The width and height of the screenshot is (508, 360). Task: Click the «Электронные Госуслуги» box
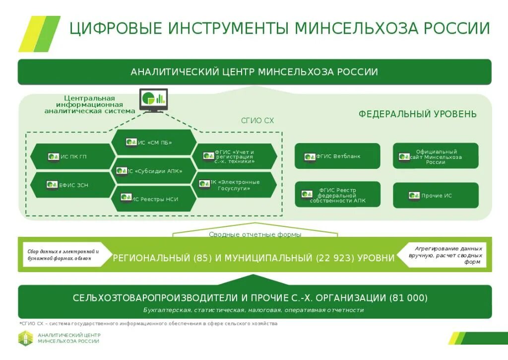pos(231,185)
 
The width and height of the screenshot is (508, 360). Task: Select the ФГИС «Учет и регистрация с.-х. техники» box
pos(231,157)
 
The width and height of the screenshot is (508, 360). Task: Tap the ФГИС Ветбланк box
pos(337,156)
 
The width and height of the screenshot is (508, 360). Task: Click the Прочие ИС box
pos(436,196)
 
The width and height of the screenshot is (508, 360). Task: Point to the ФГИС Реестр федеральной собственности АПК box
pos(337,195)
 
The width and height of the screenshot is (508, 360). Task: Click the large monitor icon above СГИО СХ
pos(153,99)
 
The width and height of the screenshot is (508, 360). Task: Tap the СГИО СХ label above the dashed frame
pos(257,121)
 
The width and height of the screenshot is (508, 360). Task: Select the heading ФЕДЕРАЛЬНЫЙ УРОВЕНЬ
pos(417,114)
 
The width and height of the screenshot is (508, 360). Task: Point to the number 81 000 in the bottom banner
pos(409,298)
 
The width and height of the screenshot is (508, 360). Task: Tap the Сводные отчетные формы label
pos(254,234)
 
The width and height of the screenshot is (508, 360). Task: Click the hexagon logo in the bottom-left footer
pos(25,338)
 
